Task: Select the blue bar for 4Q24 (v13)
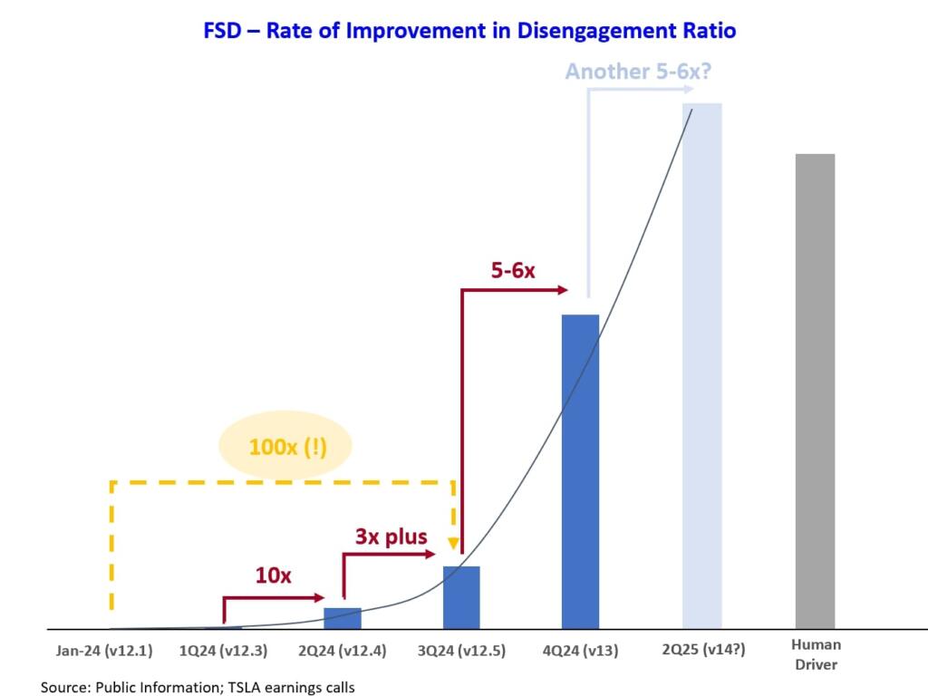coord(580,471)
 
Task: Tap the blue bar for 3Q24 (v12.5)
coord(461,597)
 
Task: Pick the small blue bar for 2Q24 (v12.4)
coord(343,618)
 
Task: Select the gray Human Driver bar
coord(815,391)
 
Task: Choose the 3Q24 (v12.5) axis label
coord(462,650)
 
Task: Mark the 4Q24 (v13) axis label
coord(580,650)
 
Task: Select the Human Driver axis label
coord(816,654)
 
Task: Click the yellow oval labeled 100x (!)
coord(287,447)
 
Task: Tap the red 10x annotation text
coord(273,575)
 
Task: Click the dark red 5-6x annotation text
coord(512,270)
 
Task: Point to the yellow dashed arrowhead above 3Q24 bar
coord(453,546)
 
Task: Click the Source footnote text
coord(198,687)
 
